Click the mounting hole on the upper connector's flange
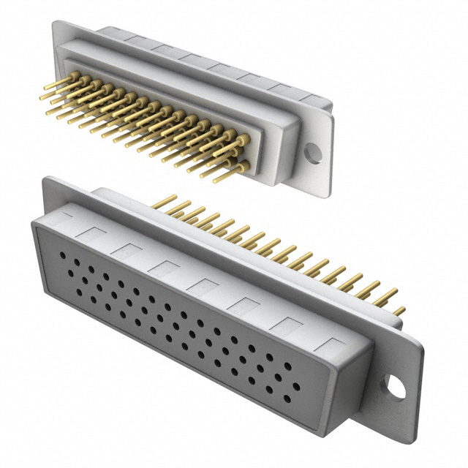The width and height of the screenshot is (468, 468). point(312,152)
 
